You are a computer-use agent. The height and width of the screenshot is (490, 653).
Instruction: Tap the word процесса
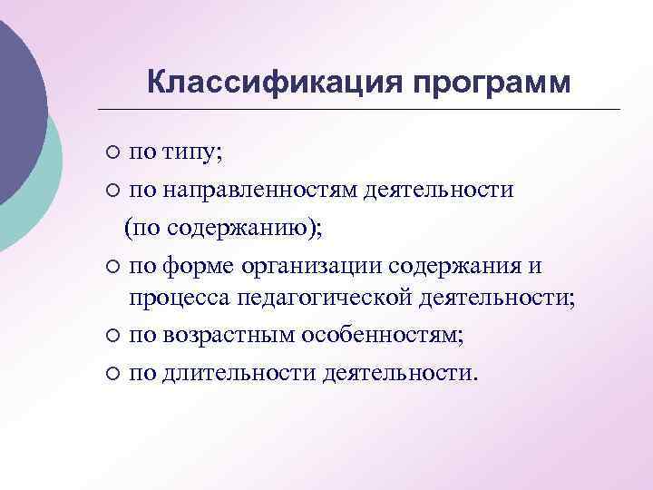pos(180,299)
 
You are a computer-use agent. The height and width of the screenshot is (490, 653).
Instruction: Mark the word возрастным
pos(219,336)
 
